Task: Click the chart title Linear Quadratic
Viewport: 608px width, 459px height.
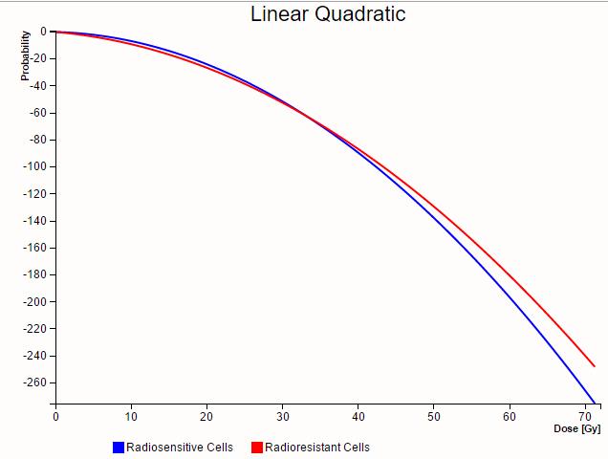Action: point(328,14)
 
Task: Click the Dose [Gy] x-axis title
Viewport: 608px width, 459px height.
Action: point(577,428)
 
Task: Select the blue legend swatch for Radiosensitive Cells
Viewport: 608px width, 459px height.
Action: point(119,448)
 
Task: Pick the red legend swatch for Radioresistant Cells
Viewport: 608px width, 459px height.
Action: point(256,448)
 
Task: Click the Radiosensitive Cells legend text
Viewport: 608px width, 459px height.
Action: point(180,448)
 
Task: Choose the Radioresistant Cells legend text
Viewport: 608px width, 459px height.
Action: point(317,448)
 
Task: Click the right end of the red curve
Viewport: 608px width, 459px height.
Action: point(595,365)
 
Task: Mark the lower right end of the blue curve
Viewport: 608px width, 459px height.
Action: point(594,403)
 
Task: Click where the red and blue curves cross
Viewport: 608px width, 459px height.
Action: point(308,114)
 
